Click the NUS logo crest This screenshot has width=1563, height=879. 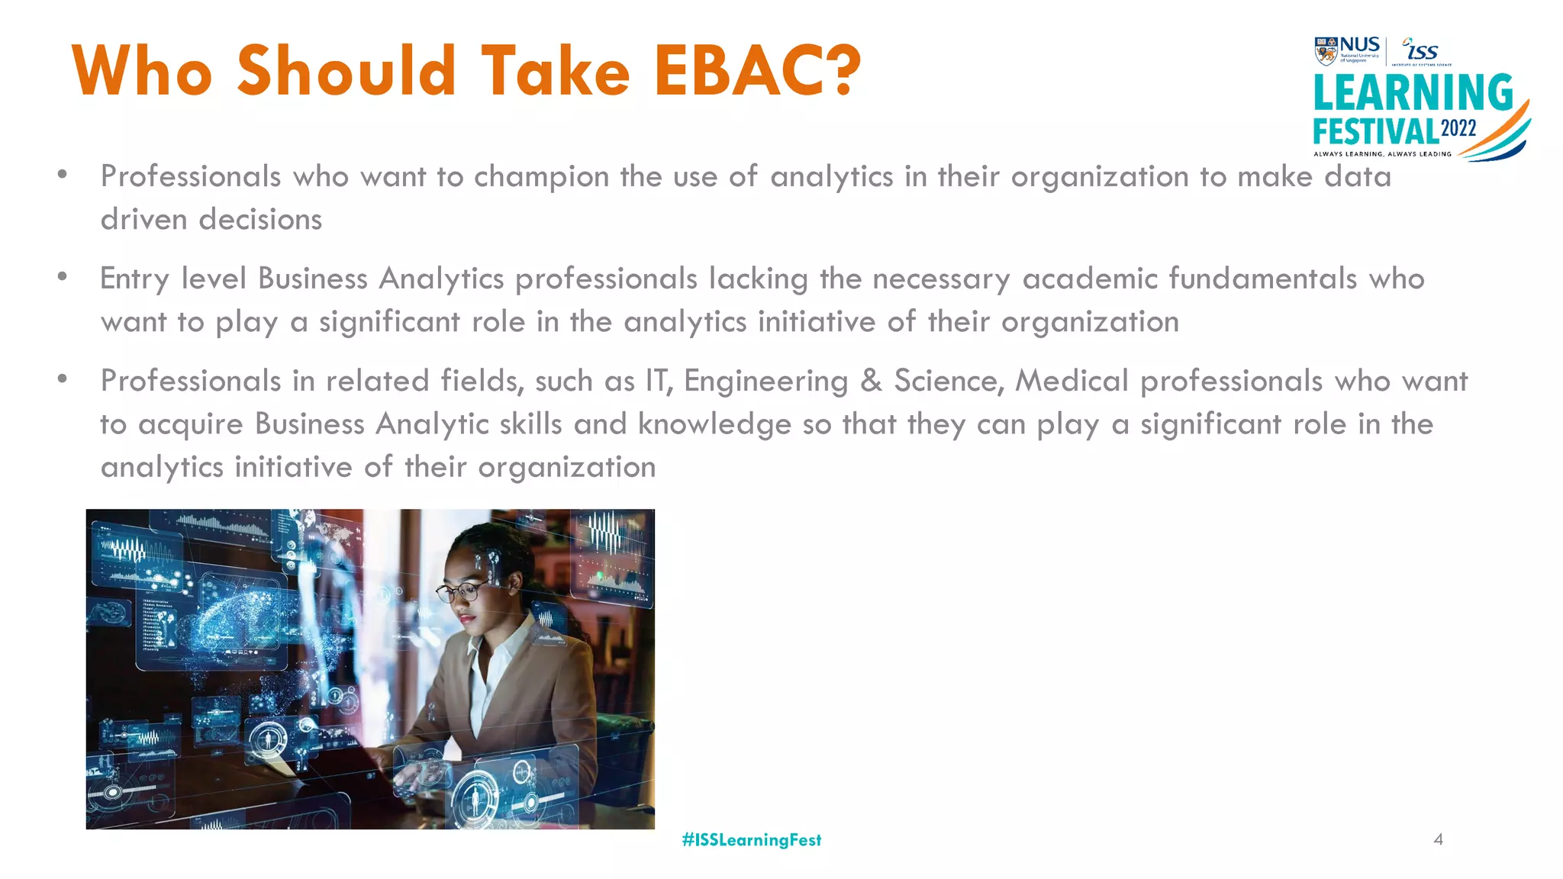tap(1326, 51)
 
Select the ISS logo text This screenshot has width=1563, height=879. tap(1422, 50)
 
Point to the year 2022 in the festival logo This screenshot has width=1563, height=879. tap(1458, 128)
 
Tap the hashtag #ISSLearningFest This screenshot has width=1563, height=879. tap(752, 840)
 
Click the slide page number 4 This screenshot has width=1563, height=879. tap(1438, 839)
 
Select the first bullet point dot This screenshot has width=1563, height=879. tap(62, 175)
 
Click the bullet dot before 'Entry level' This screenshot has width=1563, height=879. tap(62, 277)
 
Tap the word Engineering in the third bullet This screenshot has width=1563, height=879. tap(765, 382)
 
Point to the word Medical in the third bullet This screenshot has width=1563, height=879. tap(1072, 380)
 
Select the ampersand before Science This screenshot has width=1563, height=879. tap(871, 381)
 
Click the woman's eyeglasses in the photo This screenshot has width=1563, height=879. tap(462, 591)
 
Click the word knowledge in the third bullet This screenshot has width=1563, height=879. tap(714, 424)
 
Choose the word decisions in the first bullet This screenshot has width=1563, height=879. tap(260, 220)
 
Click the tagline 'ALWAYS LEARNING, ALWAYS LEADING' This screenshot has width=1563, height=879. tap(1382, 154)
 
